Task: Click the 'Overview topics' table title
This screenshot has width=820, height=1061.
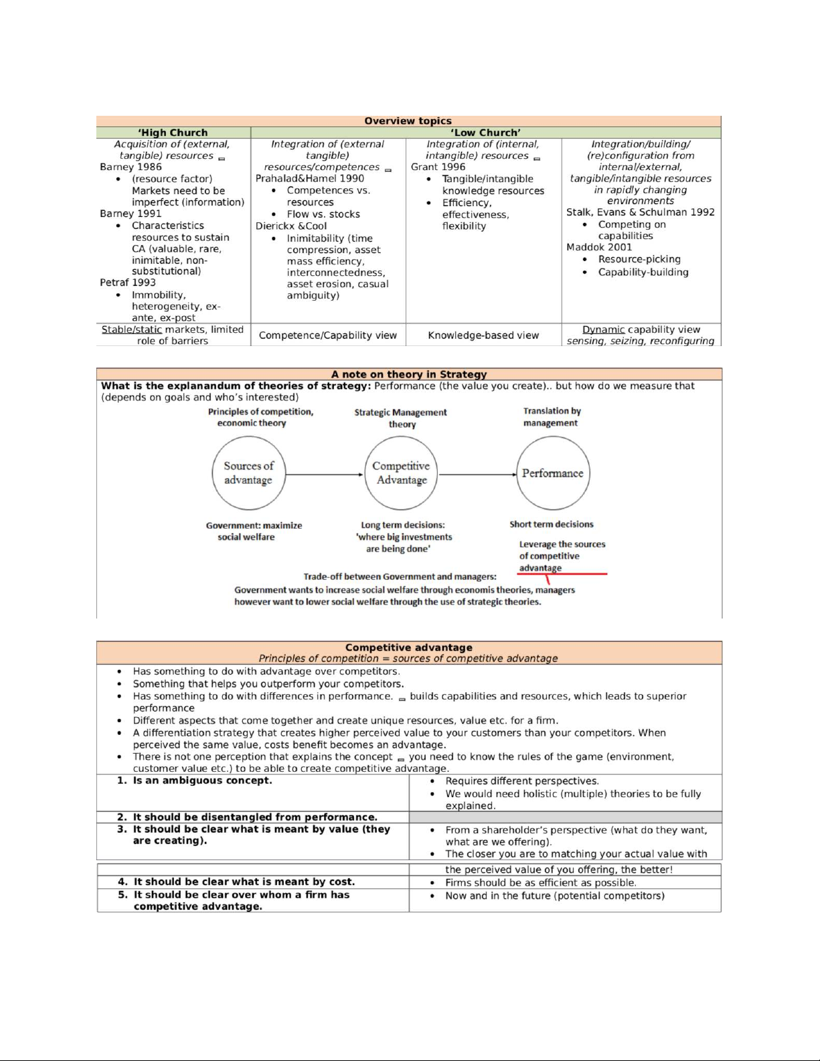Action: (408, 121)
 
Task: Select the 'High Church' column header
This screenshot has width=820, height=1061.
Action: (173, 133)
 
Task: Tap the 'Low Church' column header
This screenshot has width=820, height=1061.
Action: (485, 133)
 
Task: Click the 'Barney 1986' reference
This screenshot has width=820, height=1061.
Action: (131, 167)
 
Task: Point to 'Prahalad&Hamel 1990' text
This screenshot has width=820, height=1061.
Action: (310, 178)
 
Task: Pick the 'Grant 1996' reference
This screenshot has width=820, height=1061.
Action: (438, 167)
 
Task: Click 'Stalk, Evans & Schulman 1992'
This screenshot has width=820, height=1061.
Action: (640, 212)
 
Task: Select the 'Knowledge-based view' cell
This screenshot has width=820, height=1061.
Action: (483, 335)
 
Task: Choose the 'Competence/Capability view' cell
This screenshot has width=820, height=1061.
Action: (328, 335)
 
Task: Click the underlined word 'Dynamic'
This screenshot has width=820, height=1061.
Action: (603, 329)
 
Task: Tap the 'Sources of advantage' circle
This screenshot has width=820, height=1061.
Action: (248, 473)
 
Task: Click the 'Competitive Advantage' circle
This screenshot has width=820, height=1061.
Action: (401, 473)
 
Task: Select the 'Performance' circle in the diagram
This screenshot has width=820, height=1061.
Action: (553, 473)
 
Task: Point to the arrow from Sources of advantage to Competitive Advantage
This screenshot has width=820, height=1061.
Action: (325, 475)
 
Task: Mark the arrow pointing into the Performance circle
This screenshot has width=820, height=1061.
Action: (478, 475)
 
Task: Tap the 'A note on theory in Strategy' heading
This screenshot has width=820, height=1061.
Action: (409, 374)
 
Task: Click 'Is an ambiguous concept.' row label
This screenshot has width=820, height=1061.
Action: (202, 781)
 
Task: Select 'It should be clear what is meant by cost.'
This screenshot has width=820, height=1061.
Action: (244, 882)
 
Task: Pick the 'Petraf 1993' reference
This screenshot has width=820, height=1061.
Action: (128, 282)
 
